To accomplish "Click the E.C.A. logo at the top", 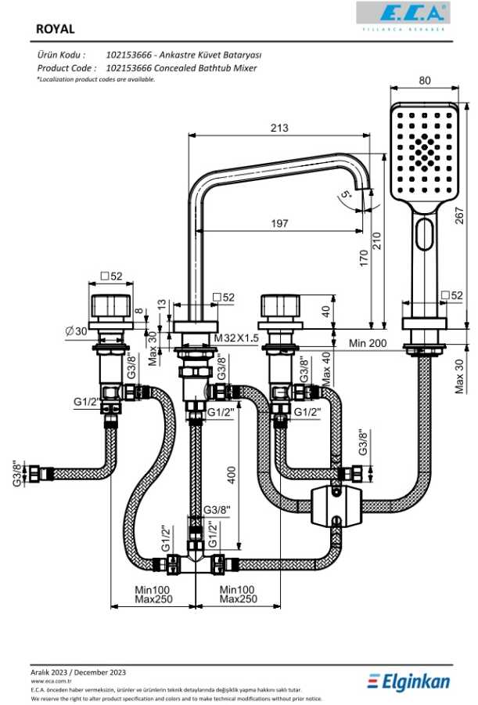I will coord(402,13).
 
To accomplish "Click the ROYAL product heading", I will coord(56,29).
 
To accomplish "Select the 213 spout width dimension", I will coord(279,128).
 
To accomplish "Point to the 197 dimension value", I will coord(279,224).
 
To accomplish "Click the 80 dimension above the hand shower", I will coord(425,80).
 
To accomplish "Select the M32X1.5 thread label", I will coord(236,338).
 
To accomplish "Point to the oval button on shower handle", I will coord(426,234).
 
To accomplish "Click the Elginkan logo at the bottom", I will coord(408,682).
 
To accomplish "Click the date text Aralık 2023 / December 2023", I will coord(78,672).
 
